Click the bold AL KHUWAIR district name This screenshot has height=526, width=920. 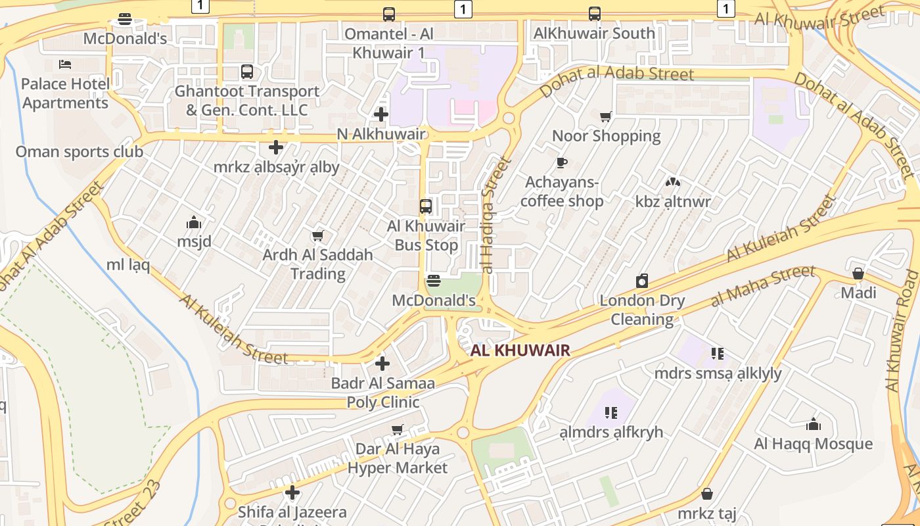(520, 350)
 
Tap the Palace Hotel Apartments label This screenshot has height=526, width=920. (64, 93)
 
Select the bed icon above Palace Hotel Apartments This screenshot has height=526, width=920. (65, 64)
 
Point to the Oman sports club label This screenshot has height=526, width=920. (79, 152)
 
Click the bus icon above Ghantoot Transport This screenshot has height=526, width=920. (247, 72)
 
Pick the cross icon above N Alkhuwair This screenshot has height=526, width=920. (380, 114)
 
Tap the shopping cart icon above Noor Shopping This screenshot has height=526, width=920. (606, 116)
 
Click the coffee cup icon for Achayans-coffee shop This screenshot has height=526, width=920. (561, 162)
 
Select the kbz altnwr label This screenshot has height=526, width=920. (673, 201)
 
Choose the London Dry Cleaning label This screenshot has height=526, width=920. (642, 310)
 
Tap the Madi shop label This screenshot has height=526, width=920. (858, 292)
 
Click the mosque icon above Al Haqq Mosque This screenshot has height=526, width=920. (814, 424)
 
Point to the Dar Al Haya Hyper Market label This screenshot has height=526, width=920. (397, 458)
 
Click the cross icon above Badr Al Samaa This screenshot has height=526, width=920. (382, 363)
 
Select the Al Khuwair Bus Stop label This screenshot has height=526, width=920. (426, 235)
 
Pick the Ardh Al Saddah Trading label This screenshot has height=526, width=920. (317, 264)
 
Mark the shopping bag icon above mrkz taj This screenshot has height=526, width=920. (707, 493)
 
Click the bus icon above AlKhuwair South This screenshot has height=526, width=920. (594, 13)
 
